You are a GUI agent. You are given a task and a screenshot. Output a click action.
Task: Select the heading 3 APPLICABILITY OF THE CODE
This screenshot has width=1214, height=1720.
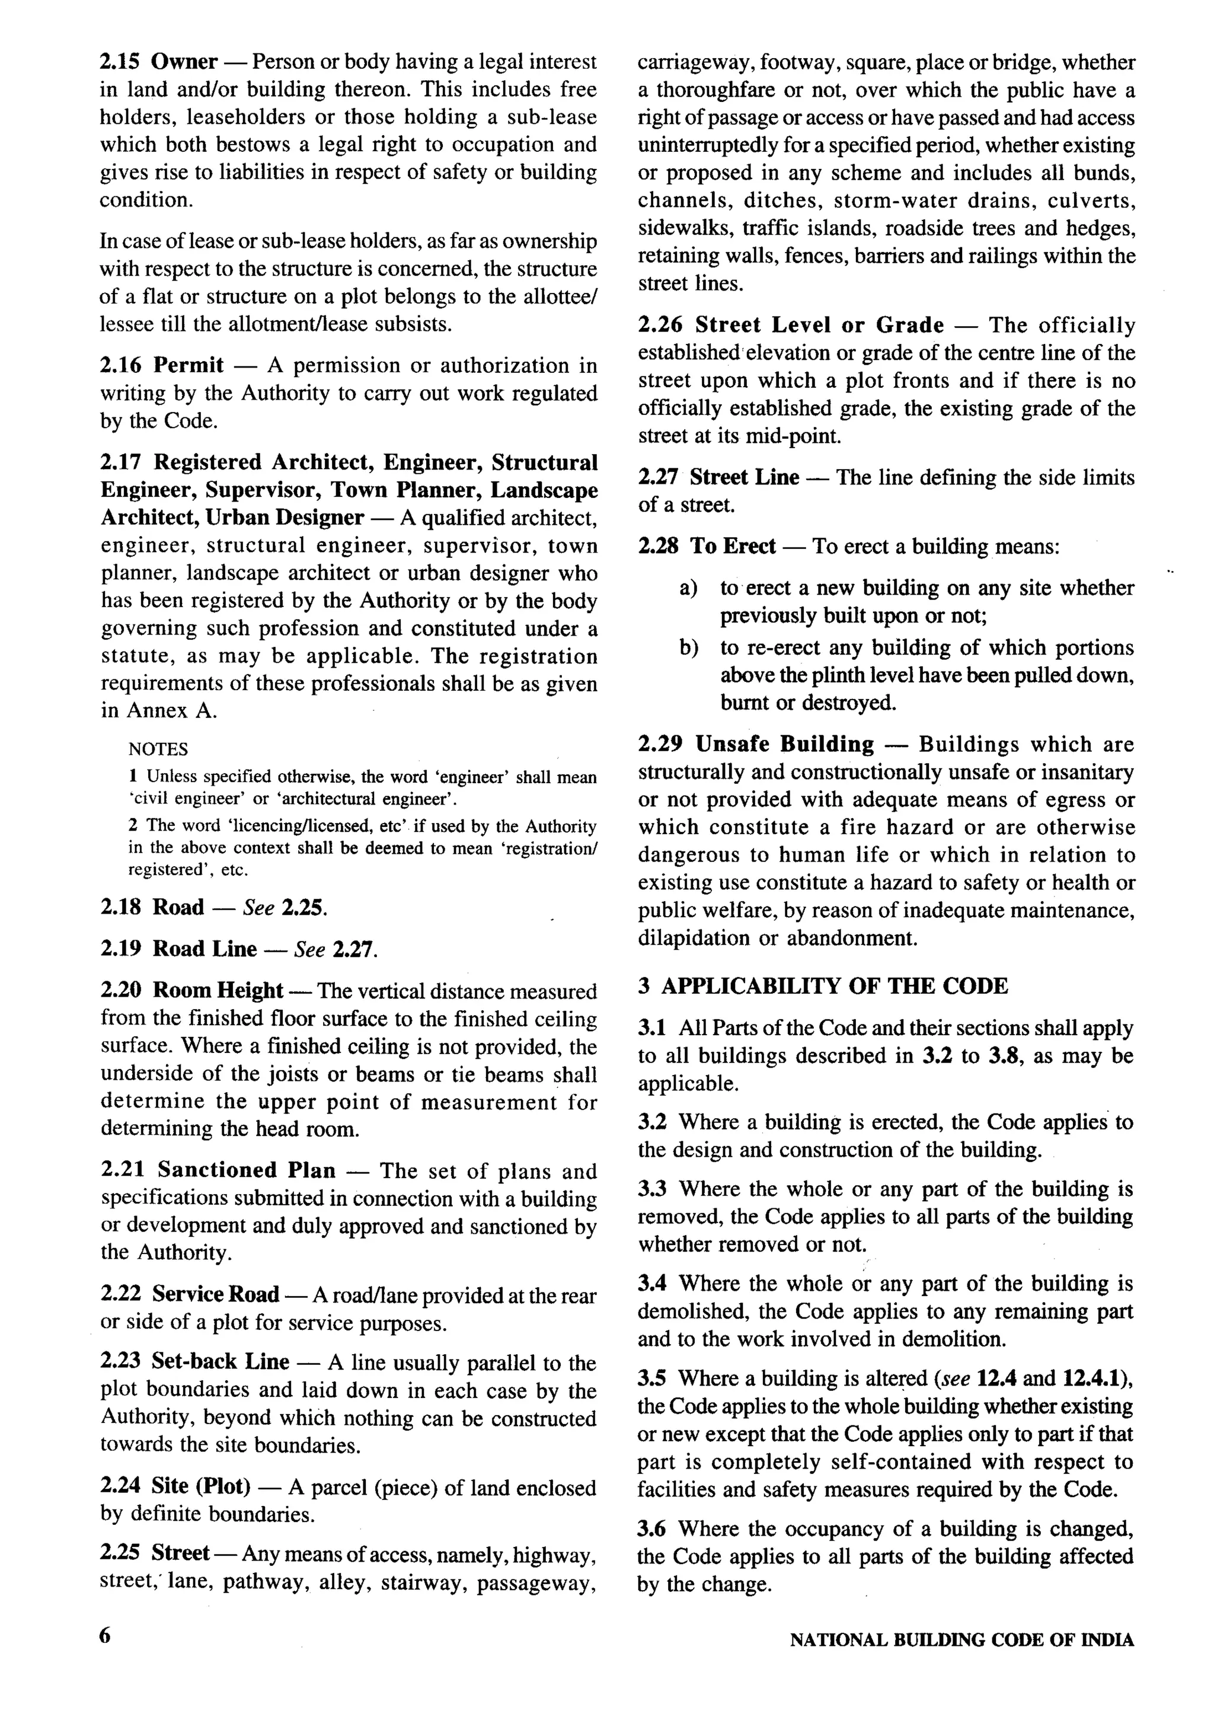(822, 985)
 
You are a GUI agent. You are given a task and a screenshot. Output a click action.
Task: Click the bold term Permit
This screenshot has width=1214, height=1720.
(188, 366)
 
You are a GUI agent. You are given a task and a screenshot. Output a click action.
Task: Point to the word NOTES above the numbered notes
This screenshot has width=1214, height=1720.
(158, 749)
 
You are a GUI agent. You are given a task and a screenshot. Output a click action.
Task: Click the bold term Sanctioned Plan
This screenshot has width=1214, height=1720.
(247, 1170)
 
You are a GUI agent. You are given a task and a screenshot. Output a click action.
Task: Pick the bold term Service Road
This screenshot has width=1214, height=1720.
(216, 1294)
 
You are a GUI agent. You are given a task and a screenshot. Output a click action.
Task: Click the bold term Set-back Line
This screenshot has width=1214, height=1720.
(220, 1361)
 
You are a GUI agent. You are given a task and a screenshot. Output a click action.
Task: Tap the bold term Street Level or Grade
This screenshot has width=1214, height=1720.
(819, 325)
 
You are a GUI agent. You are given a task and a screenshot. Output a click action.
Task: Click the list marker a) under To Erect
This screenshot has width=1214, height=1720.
(688, 588)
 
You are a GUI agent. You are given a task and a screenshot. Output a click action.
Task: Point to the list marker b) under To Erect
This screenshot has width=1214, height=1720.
(688, 648)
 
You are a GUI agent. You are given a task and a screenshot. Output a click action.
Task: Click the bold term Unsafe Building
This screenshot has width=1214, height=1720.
(784, 744)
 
